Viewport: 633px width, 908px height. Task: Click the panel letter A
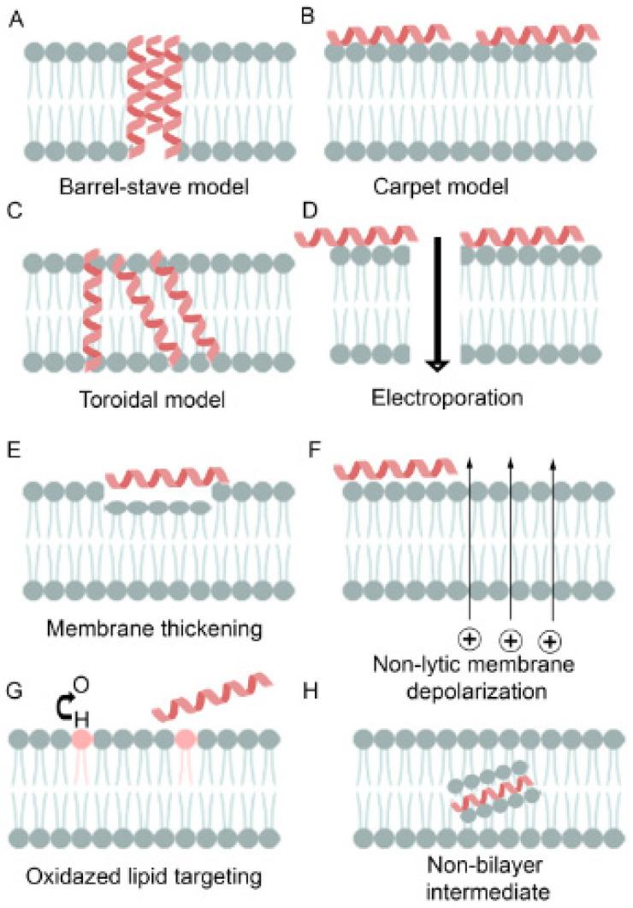pyautogui.click(x=15, y=16)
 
